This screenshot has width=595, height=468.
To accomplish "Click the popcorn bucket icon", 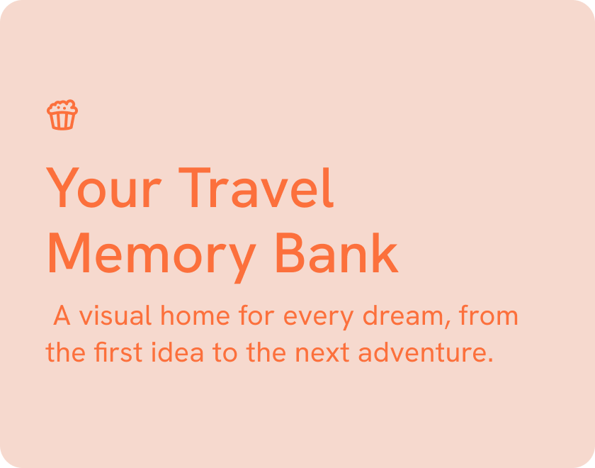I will tap(62, 115).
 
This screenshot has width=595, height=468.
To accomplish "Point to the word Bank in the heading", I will tap(336, 254).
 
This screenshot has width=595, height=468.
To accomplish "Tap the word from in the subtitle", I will tap(488, 316).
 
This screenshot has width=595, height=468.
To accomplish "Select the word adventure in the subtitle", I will tap(425, 352).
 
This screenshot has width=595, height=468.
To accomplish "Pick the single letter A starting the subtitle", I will tap(62, 316).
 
